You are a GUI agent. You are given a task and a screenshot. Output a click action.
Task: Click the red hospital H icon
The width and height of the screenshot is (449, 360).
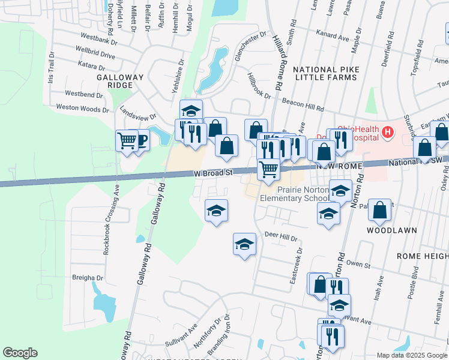click(x=388, y=132)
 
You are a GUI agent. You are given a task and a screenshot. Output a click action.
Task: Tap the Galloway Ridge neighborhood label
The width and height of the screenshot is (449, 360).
click(x=121, y=81)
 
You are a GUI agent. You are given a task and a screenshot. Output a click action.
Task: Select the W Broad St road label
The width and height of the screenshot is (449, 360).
click(x=212, y=173)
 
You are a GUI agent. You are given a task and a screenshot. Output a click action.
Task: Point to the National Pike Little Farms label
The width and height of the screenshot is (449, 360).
click(x=326, y=73)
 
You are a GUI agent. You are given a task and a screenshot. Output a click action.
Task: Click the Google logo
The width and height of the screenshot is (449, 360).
click(x=20, y=353)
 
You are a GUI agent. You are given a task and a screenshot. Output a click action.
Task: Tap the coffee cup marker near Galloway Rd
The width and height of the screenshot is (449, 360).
click(x=140, y=141)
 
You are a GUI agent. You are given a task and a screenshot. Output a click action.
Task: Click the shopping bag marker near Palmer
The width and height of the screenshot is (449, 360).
click(x=380, y=210)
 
